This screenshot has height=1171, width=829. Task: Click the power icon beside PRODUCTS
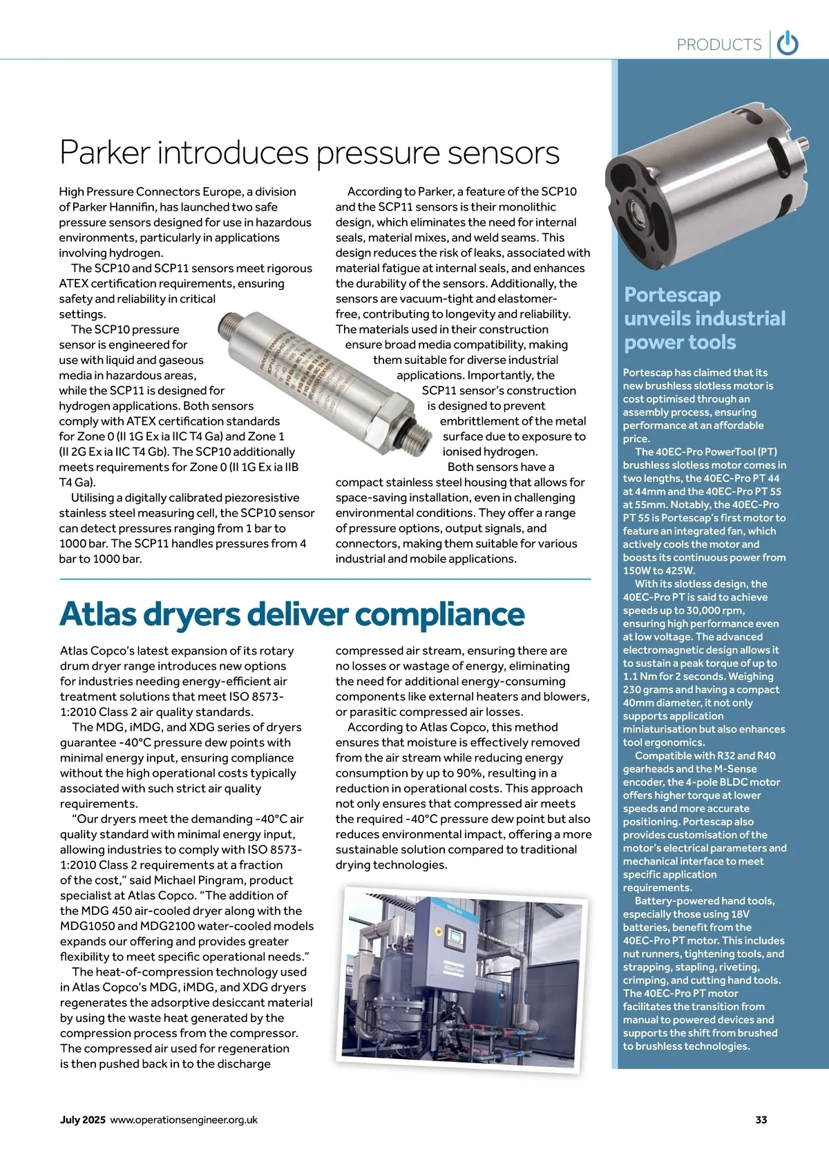click(x=788, y=44)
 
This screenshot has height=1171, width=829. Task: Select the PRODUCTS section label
click(x=718, y=45)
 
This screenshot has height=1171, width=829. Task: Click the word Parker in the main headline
click(x=105, y=153)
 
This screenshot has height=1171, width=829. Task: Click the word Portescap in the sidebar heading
click(x=672, y=295)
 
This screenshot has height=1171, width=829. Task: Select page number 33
click(x=761, y=1120)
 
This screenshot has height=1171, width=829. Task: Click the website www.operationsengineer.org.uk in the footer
click(x=184, y=1120)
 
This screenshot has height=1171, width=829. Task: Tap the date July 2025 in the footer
click(x=83, y=1120)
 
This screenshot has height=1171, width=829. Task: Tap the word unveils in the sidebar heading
click(x=657, y=318)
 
